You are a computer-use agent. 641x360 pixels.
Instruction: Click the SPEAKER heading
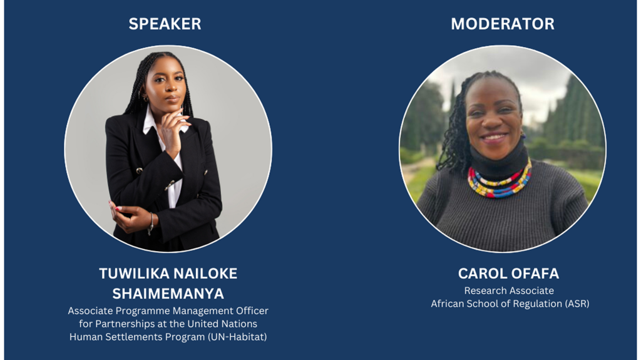point(165,24)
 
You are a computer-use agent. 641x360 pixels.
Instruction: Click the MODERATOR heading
point(503,24)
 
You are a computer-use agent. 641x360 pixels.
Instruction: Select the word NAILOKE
point(204,273)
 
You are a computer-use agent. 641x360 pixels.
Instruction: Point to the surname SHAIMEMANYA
point(168,293)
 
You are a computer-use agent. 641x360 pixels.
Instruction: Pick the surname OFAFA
point(534,273)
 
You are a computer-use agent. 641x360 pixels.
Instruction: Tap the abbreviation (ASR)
point(577,304)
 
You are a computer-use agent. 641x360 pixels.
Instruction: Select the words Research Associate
point(509,291)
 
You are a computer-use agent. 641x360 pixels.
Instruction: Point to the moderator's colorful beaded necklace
point(500,180)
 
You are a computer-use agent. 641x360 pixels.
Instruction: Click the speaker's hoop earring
point(144,98)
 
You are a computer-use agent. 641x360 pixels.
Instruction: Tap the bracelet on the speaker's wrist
point(151,223)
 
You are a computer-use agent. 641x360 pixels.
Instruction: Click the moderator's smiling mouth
point(494,138)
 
